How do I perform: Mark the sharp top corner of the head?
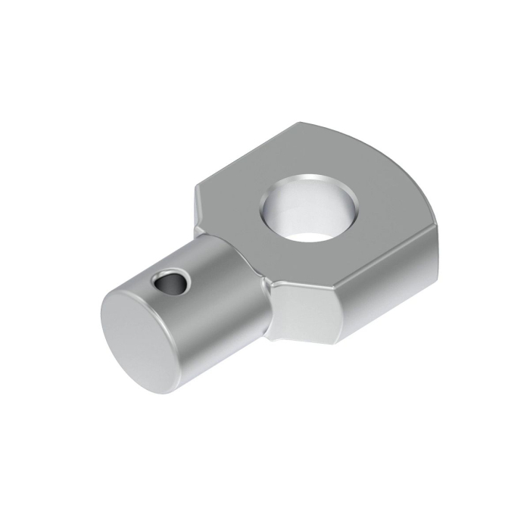tap(301, 123)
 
